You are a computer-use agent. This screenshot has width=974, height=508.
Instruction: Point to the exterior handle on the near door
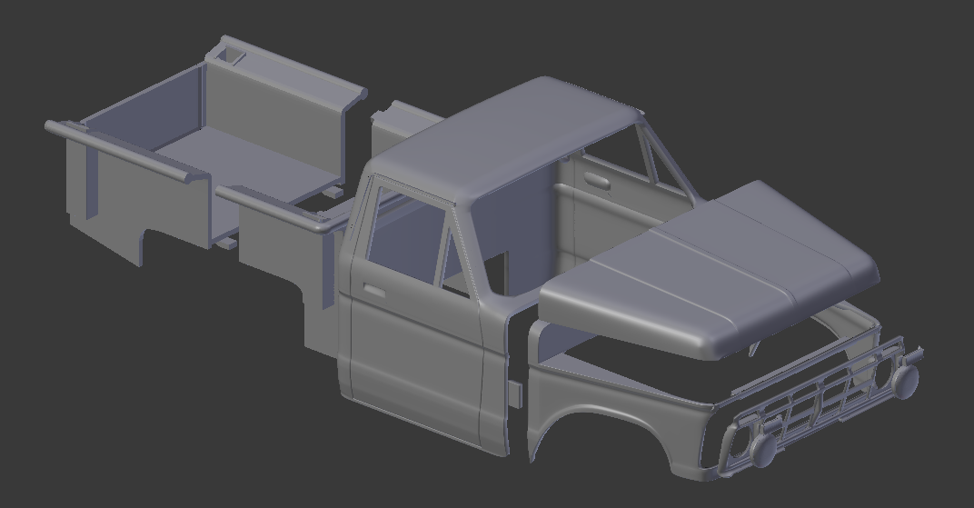pyautogui.click(x=373, y=291)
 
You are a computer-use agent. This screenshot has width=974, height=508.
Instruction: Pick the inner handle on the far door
pyautogui.click(x=597, y=180)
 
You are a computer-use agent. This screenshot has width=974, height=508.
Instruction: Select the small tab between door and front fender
pyautogui.click(x=515, y=395)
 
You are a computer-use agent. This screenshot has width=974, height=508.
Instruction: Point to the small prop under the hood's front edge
pyautogui.click(x=753, y=348)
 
